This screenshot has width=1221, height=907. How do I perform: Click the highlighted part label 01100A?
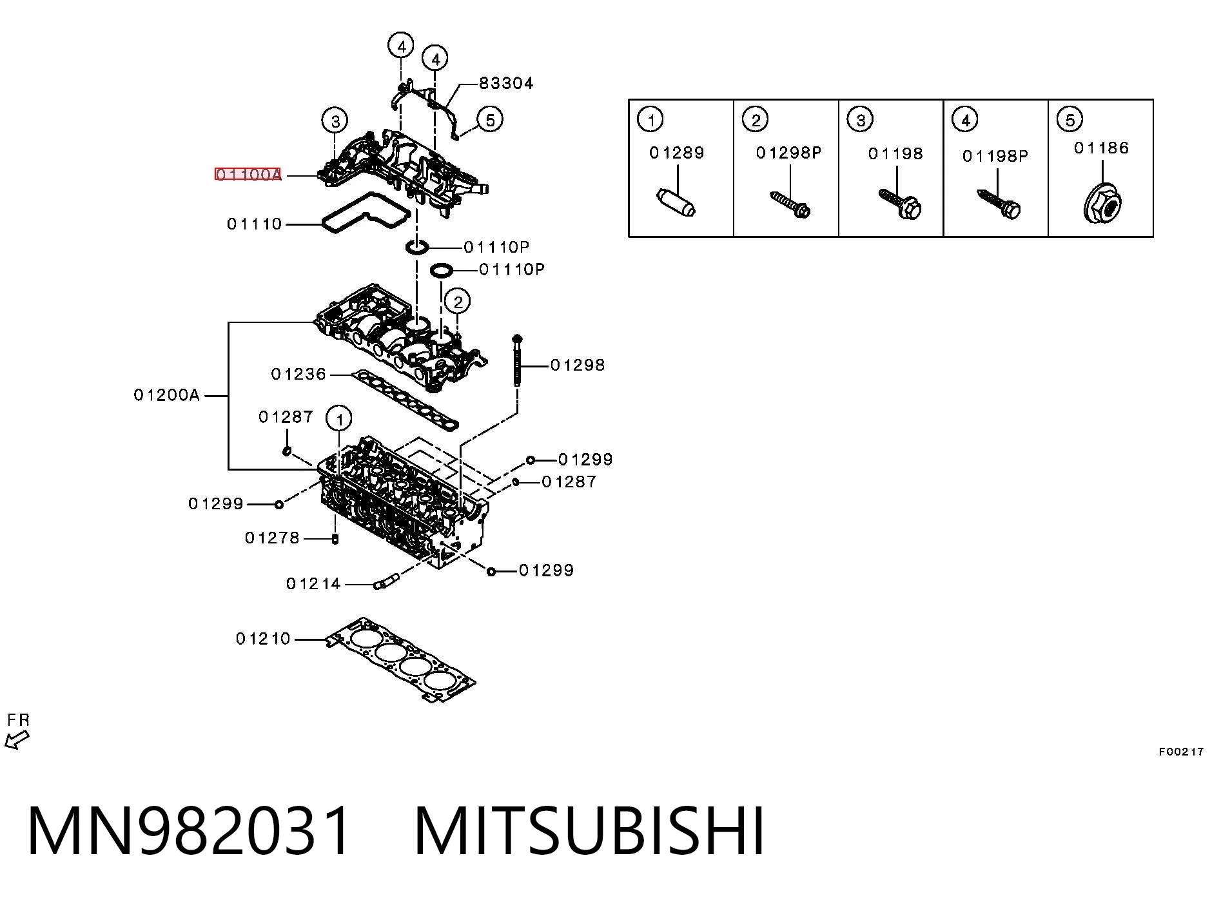pyautogui.click(x=248, y=174)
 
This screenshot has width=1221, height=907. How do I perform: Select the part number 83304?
pyautogui.click(x=506, y=83)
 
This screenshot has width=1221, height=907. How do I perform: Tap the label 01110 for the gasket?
pyautogui.click(x=255, y=224)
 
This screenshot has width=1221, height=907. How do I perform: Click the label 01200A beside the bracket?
pyautogui.click(x=167, y=395)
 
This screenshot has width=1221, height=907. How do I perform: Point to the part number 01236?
pyautogui.click(x=298, y=375)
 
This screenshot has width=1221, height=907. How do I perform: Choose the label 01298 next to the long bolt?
pyautogui.click(x=578, y=366)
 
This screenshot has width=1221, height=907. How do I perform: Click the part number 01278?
pyautogui.click(x=272, y=538)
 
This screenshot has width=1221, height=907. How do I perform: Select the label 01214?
pyautogui.click(x=313, y=584)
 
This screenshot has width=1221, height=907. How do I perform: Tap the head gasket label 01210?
pyautogui.click(x=263, y=639)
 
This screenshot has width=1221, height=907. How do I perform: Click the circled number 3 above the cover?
pyautogui.click(x=335, y=121)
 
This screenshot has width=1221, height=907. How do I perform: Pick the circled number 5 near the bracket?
pyautogui.click(x=490, y=120)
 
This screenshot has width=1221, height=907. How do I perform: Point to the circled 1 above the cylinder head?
pyautogui.click(x=339, y=420)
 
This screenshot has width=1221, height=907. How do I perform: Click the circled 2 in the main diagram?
pyautogui.click(x=458, y=301)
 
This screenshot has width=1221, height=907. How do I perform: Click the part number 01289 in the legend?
pyautogui.click(x=677, y=153)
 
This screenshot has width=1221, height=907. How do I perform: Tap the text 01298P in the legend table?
pyautogui.click(x=789, y=153)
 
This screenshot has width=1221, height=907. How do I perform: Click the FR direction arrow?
pyautogui.click(x=16, y=740)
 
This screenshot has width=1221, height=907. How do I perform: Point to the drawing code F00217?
pyautogui.click(x=1181, y=752)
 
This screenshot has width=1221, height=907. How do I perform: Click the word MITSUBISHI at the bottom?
pyautogui.click(x=590, y=830)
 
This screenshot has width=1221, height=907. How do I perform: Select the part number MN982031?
pyautogui.click(x=190, y=830)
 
